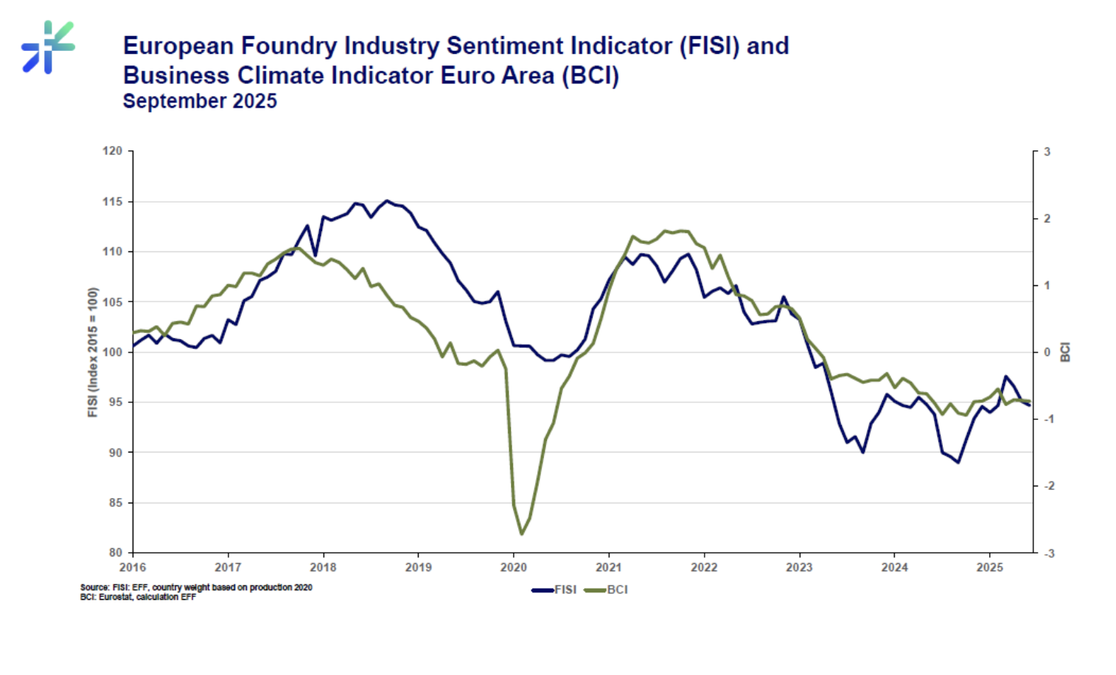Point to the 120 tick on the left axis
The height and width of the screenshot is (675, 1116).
(113, 151)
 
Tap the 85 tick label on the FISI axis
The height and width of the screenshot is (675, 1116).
(115, 503)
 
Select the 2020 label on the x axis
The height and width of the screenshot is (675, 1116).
(513, 567)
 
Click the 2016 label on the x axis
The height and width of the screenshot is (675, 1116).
(133, 567)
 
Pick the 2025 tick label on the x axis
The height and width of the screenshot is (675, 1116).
(989, 567)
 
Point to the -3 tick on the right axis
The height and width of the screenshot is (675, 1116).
(1049, 553)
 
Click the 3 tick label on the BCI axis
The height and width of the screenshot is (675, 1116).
(1047, 152)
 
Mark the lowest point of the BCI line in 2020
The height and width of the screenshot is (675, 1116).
(522, 534)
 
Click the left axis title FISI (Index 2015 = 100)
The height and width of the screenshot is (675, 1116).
(93, 352)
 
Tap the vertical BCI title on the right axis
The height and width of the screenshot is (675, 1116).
(1065, 352)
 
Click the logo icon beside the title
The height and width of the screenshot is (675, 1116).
(48, 47)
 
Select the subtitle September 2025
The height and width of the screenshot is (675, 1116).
(200, 101)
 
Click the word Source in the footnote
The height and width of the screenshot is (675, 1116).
(94, 587)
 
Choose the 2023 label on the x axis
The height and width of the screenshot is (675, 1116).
(799, 567)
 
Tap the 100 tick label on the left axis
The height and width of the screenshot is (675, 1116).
(113, 352)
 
